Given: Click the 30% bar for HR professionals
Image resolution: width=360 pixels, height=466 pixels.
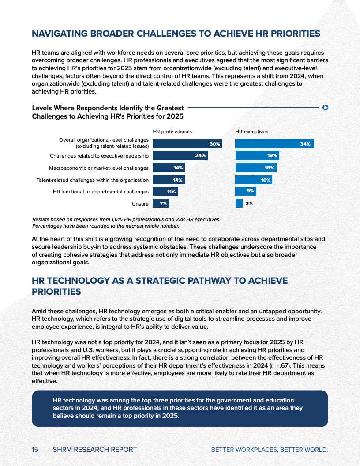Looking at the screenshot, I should (187, 144).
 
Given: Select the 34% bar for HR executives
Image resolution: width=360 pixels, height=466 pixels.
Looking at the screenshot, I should (274, 144).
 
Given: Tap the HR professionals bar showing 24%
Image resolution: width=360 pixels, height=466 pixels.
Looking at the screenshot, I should (180, 156).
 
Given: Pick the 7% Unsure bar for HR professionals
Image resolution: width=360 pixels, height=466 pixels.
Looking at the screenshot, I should (161, 203).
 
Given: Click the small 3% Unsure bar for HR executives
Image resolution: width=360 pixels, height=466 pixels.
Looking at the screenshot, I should (239, 203).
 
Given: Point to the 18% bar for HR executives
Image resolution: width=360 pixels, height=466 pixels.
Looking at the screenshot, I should (256, 168).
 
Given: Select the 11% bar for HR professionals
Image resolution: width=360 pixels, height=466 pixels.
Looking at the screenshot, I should (165, 192).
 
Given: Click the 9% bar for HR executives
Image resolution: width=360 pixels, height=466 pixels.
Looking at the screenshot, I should (245, 192).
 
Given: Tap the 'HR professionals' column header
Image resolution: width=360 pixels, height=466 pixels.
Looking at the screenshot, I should (172, 132).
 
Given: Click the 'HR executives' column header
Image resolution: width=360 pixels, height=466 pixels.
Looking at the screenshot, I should (251, 132).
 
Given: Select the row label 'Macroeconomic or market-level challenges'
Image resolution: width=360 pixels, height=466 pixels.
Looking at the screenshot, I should (99, 168).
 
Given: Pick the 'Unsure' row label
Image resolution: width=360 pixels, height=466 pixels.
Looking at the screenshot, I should (140, 204).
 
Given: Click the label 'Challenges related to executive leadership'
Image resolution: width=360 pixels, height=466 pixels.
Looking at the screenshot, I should (99, 156).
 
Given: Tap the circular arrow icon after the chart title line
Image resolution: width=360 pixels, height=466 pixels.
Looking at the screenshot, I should (326, 107).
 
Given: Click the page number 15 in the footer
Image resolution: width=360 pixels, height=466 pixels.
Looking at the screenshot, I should (35, 450).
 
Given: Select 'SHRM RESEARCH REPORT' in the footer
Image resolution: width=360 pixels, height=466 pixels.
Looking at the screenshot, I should (94, 450).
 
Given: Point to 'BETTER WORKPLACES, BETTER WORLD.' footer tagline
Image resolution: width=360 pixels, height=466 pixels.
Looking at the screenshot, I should (270, 450).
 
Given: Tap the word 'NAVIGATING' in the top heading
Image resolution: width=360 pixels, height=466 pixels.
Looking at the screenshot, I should (60, 34).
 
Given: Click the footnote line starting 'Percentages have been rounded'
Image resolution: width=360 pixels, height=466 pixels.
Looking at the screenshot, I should (106, 226).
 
